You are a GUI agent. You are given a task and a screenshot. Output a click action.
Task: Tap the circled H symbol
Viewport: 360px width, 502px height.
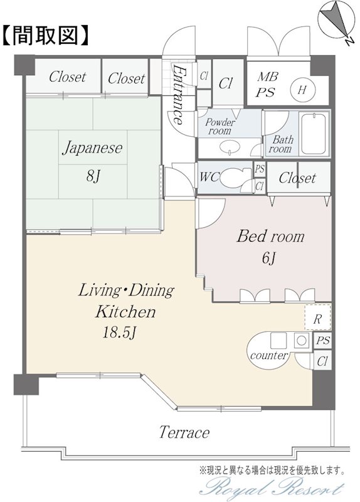coord(302,89)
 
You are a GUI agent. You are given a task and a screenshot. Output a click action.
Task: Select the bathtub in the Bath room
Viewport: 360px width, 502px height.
coord(314,134)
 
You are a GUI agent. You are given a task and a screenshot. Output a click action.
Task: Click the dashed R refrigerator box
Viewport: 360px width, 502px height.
coord(317,317)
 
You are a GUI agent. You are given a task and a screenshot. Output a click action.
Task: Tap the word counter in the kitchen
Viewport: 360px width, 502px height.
coord(269,355)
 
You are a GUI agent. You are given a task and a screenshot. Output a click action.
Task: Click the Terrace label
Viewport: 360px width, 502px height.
coord(184,432)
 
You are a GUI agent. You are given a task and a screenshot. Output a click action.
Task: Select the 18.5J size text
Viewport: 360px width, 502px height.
coord(120,333)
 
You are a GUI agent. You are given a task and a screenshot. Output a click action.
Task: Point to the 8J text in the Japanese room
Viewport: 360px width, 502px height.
coord(93,176)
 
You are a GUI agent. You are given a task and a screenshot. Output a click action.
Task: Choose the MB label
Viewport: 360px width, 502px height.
coord(268,77)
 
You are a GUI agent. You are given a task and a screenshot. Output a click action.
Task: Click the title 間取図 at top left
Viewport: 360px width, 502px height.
coord(45,35)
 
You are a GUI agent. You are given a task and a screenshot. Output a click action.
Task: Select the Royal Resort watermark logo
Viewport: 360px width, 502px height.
coord(272,489)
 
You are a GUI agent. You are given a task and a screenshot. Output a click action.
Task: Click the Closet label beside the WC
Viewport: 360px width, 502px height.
coord(297,178)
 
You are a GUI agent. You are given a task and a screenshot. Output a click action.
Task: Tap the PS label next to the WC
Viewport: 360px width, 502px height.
coord(260,169)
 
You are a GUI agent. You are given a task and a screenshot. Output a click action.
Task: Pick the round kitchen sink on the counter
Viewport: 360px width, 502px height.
coord(302,340)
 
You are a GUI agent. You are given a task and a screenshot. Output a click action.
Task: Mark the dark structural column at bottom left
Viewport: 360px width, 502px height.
coord(26,384)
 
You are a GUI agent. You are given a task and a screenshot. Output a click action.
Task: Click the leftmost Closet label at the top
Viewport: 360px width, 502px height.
coord(68,77)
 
